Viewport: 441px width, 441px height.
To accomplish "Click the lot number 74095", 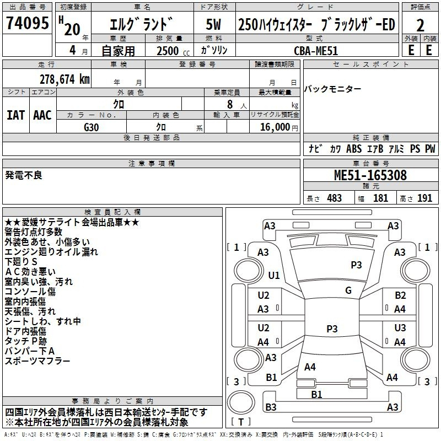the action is [x=27, y=23].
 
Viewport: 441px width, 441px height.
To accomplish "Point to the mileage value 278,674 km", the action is [x=64, y=79].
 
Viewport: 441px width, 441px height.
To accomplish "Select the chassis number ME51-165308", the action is [x=370, y=175].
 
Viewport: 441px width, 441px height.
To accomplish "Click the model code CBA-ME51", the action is [x=315, y=51].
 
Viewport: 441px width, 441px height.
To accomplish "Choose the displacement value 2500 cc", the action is [x=173, y=51].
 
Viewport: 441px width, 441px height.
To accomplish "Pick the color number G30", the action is [x=92, y=127].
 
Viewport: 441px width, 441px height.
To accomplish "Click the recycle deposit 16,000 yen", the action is [x=279, y=127].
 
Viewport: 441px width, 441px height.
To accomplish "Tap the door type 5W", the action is [x=213, y=24].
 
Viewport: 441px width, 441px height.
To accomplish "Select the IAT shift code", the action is [x=15, y=115].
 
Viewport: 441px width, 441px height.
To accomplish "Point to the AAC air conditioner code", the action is [x=42, y=115].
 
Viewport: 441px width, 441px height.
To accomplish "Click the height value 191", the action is [x=424, y=198].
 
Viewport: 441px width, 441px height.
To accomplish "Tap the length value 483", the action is [x=335, y=198].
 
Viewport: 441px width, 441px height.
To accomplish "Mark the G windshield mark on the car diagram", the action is [x=348, y=291].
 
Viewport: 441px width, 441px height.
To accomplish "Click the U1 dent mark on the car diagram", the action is [x=274, y=275].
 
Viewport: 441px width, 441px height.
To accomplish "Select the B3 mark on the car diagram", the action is [x=271, y=407].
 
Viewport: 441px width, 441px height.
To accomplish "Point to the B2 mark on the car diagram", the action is [x=400, y=295].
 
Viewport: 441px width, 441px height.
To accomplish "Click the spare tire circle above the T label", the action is [x=241, y=402].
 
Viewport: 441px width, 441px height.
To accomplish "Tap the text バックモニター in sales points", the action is [x=332, y=89].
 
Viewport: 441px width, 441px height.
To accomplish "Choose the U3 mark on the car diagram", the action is [x=400, y=328].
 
